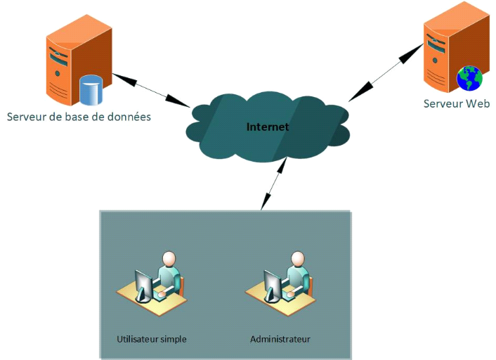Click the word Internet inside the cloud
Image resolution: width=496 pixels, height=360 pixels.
268,127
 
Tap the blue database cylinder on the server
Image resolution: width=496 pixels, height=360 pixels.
91,89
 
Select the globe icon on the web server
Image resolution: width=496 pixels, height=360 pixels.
469,78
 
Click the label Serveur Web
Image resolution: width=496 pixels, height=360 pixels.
456,104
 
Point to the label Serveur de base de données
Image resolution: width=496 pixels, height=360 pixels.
79,116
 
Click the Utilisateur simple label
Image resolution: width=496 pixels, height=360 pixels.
152,339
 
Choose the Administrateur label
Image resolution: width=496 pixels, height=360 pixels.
280,339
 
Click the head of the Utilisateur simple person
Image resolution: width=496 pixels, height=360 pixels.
169,258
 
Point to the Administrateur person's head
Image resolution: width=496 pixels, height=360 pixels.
297,258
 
